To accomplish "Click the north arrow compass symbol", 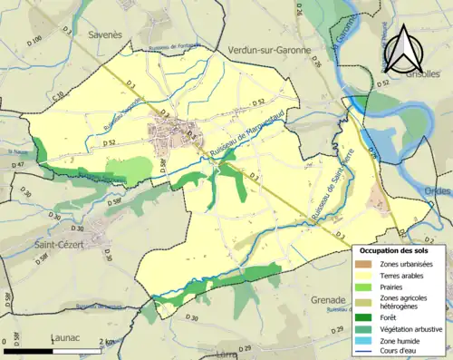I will point(401,49).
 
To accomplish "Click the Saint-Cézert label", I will point(68,245).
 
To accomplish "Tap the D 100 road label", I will point(37,40).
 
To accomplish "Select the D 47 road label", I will point(18,165).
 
